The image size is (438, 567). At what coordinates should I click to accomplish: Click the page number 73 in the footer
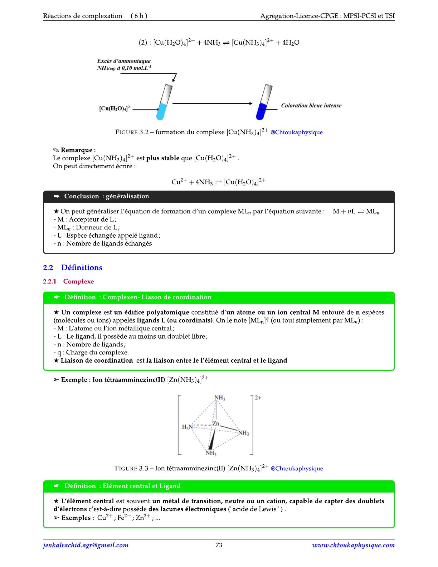pyautogui.click(x=219, y=545)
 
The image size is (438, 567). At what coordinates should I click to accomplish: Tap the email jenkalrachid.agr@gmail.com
pyautogui.click(x=86, y=545)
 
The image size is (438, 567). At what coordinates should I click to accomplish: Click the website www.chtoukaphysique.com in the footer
pyautogui.click(x=353, y=545)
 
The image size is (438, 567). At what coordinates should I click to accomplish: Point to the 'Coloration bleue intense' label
pyautogui.click(x=311, y=106)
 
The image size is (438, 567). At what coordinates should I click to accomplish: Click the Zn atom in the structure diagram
pyautogui.click(x=215, y=424)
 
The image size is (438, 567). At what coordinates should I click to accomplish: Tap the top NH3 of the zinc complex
pyautogui.click(x=220, y=398)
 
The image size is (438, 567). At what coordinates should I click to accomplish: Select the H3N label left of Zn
pyautogui.click(x=187, y=427)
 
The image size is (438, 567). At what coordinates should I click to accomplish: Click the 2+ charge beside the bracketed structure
pyautogui.click(x=258, y=398)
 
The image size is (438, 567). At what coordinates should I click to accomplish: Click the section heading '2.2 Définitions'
pyautogui.click(x=73, y=268)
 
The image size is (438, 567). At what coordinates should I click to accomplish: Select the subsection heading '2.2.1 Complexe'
pyautogui.click(x=68, y=281)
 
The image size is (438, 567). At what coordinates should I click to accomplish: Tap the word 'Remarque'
pyautogui.click(x=77, y=150)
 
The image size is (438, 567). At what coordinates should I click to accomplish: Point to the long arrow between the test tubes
pyautogui.click(x=212, y=103)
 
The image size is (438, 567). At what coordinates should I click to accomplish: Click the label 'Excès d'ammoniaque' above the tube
pyautogui.click(x=124, y=61)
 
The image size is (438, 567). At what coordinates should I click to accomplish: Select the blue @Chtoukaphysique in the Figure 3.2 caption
pyautogui.click(x=296, y=132)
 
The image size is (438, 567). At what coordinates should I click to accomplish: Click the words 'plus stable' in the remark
pyautogui.click(x=163, y=158)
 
